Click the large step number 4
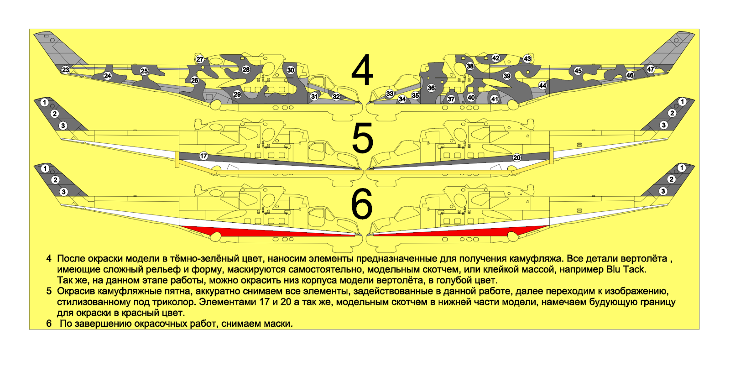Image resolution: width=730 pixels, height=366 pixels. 362,70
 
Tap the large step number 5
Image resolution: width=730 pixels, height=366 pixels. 362,138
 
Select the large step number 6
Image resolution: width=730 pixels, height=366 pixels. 362,204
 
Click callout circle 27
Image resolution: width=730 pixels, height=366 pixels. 200,59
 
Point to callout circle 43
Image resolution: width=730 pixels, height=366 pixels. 527,59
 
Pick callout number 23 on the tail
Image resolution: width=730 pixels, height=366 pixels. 66,70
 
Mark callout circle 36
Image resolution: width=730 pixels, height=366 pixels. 431,88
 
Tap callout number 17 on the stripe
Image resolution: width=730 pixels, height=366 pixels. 203,156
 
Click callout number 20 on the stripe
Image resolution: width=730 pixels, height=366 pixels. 517,158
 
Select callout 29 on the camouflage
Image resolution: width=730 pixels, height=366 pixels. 237,94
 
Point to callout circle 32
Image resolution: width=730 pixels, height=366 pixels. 336,96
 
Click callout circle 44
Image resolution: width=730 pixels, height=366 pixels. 542,86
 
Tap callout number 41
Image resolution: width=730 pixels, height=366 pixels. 495,99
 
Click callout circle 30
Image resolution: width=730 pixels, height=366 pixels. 290,70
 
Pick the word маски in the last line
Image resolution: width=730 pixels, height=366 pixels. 278,324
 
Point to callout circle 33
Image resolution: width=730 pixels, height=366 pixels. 390,94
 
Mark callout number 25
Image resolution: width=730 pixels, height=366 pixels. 144,71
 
